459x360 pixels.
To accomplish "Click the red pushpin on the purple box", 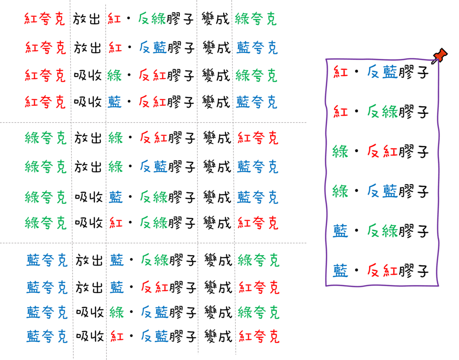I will [x=440, y=56].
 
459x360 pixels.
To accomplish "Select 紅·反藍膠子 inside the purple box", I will [x=381, y=72].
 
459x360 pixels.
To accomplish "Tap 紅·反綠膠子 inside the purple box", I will [x=381, y=111].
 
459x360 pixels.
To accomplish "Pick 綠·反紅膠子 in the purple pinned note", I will [x=381, y=152].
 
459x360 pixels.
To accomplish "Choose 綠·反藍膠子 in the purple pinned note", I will [x=381, y=192].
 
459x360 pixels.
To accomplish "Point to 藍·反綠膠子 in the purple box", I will [x=381, y=231].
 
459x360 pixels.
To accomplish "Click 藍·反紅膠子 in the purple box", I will [x=381, y=270].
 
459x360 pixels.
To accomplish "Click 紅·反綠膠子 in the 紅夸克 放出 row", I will [x=151, y=19].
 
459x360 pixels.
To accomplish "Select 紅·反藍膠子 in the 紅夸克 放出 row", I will [x=151, y=47].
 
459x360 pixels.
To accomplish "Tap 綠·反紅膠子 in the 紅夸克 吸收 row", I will [x=151, y=75].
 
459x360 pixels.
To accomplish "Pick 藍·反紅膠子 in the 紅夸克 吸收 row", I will [x=151, y=103].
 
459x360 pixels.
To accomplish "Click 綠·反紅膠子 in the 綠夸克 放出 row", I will [x=152, y=138].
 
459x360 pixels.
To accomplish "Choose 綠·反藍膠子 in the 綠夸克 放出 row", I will [x=152, y=167].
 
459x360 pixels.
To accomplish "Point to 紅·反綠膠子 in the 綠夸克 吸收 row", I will [x=152, y=222].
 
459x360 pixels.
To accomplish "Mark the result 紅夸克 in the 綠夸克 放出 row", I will [x=258, y=138].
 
